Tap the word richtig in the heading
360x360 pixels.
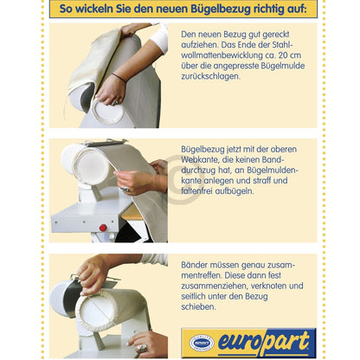point(265,9)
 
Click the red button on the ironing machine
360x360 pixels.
point(103,228)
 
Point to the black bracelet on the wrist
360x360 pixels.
point(119,77)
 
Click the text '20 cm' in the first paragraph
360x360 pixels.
point(290,55)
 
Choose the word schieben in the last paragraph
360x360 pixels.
point(198,306)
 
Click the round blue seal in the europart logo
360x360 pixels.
point(202,343)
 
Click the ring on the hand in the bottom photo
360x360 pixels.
point(142,348)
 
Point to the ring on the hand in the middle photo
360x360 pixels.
point(125,190)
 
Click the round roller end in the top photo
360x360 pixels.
point(107,111)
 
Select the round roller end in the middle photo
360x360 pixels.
point(90,167)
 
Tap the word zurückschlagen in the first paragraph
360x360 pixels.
point(210,76)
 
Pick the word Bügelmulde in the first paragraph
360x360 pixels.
point(283,66)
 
